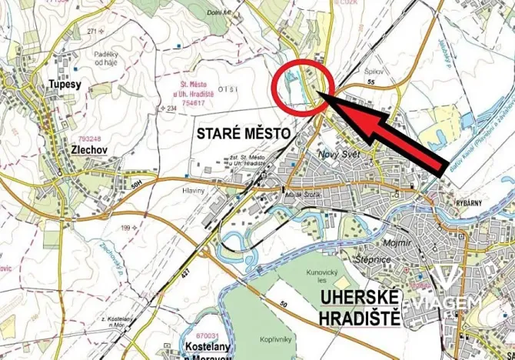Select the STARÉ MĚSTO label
coord(244,134)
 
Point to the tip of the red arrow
coord(320,95)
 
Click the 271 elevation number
coord(93,31)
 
